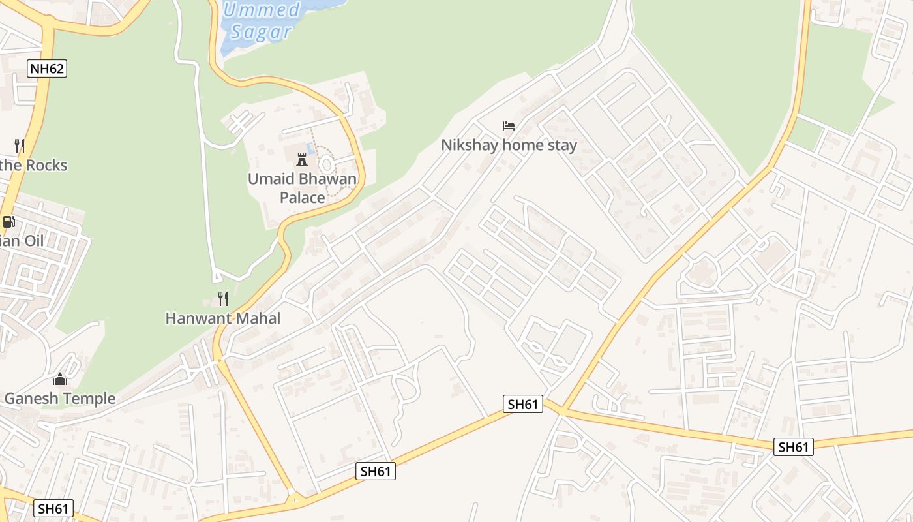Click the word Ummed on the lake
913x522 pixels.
tap(262, 10)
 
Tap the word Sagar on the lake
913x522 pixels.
tap(260, 31)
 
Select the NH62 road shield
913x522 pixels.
tap(48, 69)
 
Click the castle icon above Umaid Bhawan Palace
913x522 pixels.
tap(302, 159)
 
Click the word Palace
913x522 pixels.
tap(302, 197)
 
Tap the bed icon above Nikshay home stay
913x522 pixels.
tap(509, 125)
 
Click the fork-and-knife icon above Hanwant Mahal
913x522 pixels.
tap(223, 299)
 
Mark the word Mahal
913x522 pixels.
tap(258, 318)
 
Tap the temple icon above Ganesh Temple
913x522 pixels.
tap(60, 379)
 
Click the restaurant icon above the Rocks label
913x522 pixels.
tap(20, 146)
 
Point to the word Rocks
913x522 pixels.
tap(46, 165)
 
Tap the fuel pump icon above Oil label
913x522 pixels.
tap(8, 222)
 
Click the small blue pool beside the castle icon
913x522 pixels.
tap(311, 149)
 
